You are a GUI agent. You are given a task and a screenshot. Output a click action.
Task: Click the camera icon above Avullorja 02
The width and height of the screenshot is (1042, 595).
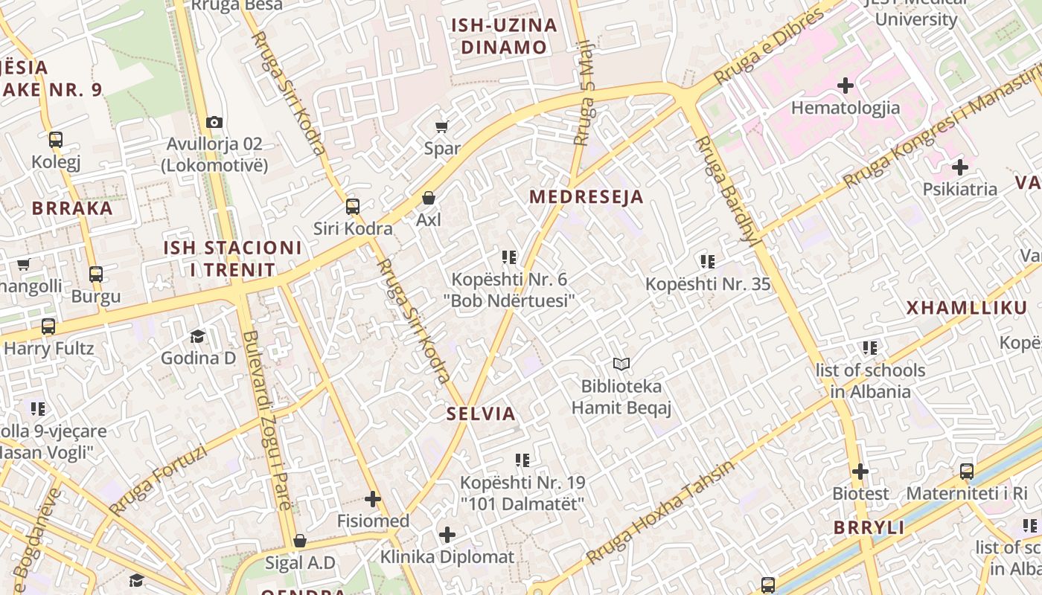pyautogui.click(x=214, y=122)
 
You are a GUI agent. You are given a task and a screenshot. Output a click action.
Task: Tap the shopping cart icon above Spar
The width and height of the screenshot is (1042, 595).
pyautogui.click(x=442, y=126)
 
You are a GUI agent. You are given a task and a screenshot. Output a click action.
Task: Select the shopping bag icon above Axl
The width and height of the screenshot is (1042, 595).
pyautogui.click(x=429, y=198)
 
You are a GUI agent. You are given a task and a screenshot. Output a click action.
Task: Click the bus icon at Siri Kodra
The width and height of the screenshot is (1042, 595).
pyautogui.click(x=353, y=207)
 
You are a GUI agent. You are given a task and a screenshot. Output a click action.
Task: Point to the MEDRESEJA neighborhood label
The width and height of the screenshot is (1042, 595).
pyautogui.click(x=586, y=196)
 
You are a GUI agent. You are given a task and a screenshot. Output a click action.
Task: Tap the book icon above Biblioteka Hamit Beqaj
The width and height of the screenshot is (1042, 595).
pyautogui.click(x=621, y=364)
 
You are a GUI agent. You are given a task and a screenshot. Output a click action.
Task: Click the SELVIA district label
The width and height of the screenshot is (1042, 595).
pyautogui.click(x=481, y=414)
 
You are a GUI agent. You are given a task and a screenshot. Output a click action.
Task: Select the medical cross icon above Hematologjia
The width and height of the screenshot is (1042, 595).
pyautogui.click(x=846, y=86)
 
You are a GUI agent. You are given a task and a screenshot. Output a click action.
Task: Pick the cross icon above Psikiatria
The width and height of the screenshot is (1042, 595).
pyautogui.click(x=960, y=167)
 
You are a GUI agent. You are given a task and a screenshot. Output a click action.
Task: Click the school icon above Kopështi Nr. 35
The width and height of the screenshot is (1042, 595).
pyautogui.click(x=707, y=261)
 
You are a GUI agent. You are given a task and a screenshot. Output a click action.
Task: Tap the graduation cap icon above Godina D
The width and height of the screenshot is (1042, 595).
pyautogui.click(x=198, y=336)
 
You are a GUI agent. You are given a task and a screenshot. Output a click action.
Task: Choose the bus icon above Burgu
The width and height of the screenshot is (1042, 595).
pyautogui.click(x=96, y=274)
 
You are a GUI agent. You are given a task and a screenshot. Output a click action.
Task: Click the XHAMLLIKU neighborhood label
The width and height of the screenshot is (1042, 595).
pyautogui.click(x=966, y=308)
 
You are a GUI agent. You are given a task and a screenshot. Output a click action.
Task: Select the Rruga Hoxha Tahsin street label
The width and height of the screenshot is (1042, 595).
pyautogui.click(x=659, y=512)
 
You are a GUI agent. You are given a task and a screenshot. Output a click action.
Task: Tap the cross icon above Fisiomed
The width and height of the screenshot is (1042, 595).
pyautogui.click(x=373, y=499)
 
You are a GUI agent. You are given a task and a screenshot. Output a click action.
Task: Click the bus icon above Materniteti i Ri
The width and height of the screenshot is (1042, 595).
pyautogui.click(x=967, y=471)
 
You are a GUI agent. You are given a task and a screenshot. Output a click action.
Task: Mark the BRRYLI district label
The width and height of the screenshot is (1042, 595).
pyautogui.click(x=869, y=528)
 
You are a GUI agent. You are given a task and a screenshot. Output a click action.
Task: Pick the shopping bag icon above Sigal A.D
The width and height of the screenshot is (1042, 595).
pyautogui.click(x=300, y=541)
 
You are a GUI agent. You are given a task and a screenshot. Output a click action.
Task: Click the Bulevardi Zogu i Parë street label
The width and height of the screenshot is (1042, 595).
pyautogui.click(x=265, y=420)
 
